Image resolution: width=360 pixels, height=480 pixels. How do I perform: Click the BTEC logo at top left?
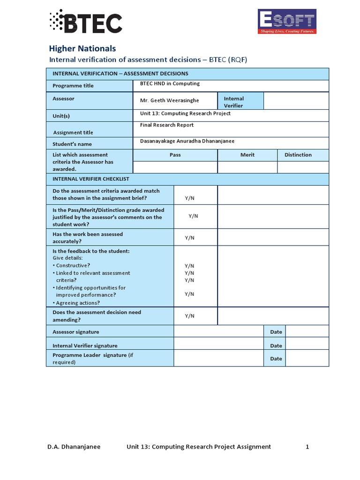[x=86, y=22]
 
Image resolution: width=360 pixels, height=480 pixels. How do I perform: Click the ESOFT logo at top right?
[x=287, y=22]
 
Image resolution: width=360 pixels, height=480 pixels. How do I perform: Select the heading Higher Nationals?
[x=82, y=48]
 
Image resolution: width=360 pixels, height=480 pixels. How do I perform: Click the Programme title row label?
[x=73, y=86]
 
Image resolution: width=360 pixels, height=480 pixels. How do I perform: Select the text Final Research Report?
[x=167, y=125]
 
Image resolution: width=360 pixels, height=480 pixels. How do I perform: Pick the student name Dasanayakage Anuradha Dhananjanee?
[x=187, y=141]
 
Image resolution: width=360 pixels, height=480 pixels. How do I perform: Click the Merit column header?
[x=247, y=155]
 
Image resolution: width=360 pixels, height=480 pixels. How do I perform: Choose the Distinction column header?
[x=298, y=155]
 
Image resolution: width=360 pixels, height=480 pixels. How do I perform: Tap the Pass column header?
[x=175, y=155]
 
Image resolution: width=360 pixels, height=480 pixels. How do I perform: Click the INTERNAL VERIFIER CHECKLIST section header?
[x=90, y=179]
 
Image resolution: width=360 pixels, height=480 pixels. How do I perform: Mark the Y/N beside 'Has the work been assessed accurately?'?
[x=189, y=238]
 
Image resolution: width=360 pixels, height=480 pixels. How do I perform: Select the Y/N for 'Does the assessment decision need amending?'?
[x=189, y=316]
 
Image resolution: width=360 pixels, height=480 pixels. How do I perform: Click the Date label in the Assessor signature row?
[x=276, y=332]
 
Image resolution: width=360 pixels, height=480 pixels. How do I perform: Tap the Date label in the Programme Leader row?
[x=276, y=359]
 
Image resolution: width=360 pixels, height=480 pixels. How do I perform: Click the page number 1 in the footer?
[x=307, y=447]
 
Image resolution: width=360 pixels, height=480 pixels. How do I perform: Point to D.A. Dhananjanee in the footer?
[x=74, y=447]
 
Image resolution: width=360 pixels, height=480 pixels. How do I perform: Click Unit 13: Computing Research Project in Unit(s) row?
[x=185, y=113]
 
